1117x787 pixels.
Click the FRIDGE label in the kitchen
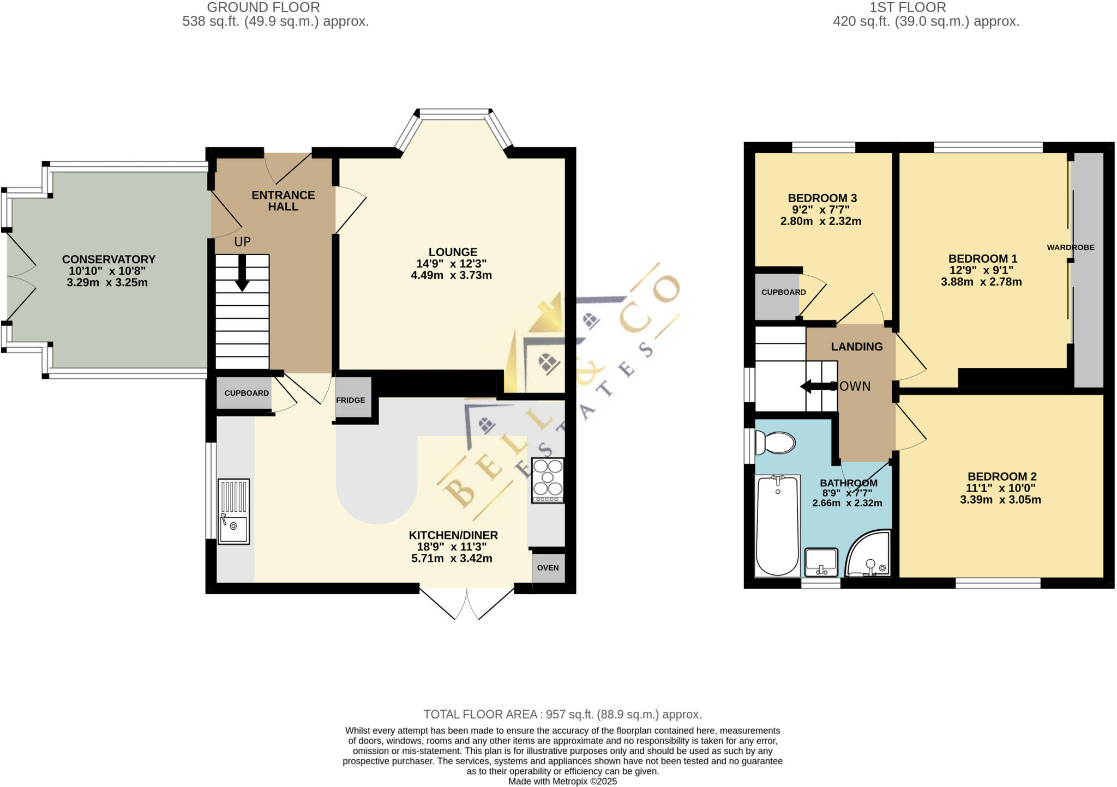tap(351, 400)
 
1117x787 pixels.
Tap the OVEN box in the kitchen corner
tap(548, 568)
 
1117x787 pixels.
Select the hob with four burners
tap(548, 480)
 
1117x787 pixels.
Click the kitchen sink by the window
tap(233, 511)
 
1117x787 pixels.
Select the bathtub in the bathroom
tap(777, 525)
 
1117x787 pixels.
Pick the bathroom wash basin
tap(821, 562)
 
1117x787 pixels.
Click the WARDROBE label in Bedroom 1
tap(1070, 247)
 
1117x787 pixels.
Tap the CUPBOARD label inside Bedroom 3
tap(783, 292)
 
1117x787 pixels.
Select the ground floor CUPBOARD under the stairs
tap(247, 393)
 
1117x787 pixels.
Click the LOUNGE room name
tap(453, 252)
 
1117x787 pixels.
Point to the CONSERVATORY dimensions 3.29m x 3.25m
tap(107, 282)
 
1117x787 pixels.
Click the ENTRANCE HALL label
tap(283, 201)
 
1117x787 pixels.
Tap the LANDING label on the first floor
tap(856, 347)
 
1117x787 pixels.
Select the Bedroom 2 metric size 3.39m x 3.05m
tap(1000, 499)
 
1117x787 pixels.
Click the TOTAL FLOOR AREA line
tap(562, 714)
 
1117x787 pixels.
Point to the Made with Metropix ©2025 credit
tap(562, 782)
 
